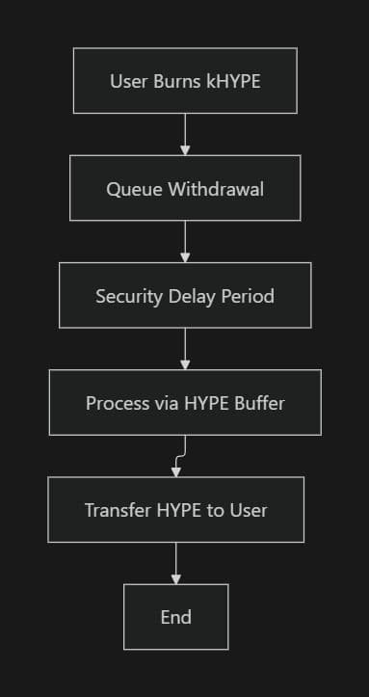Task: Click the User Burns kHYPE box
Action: coord(185,81)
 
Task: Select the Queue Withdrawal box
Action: coord(185,188)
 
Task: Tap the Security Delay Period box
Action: coord(185,295)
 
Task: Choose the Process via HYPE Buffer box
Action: coord(185,402)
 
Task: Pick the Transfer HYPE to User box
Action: coord(175,509)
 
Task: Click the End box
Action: coord(175,616)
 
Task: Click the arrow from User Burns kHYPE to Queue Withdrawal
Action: coord(185,133)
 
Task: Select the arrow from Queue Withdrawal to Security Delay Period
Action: coord(185,240)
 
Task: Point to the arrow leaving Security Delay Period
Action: coord(185,347)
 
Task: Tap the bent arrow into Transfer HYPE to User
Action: coord(179,456)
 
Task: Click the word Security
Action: coord(126,295)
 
